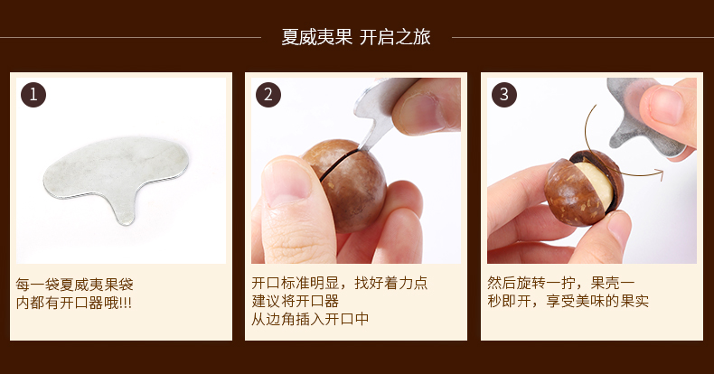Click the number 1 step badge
(33, 95)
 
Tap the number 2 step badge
(268, 95)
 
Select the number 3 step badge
(504, 95)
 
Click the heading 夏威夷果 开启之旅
(355, 37)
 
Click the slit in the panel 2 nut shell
(339, 164)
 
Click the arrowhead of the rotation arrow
(659, 173)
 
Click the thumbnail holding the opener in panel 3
(664, 106)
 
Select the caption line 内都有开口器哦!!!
(74, 303)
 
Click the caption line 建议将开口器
(296, 301)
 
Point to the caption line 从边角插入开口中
(310, 319)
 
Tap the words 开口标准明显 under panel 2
(295, 283)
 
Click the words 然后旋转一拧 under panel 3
(531, 283)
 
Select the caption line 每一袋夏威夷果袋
(75, 285)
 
